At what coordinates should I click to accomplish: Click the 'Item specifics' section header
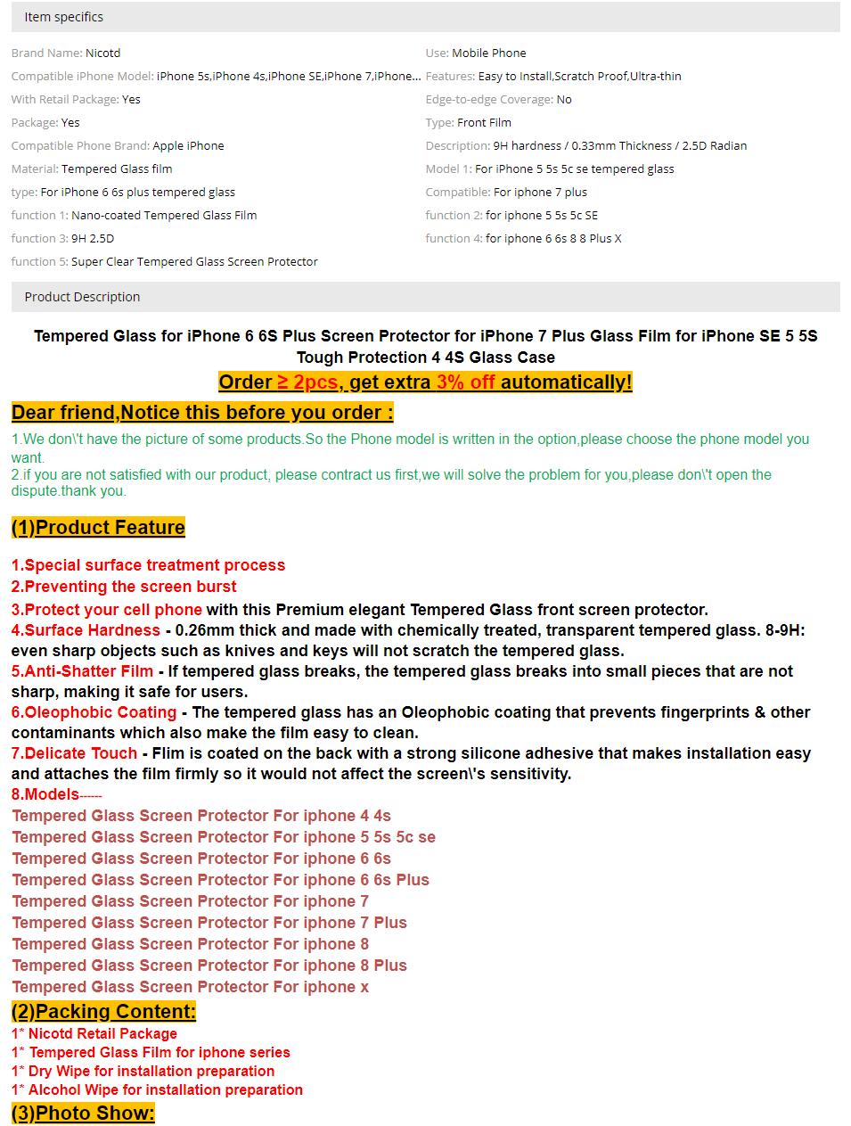point(64,17)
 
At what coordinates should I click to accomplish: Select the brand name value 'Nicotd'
point(102,53)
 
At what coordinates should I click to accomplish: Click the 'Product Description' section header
point(82,297)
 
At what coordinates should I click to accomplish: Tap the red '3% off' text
point(465,382)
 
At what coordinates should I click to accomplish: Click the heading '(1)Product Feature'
point(98,528)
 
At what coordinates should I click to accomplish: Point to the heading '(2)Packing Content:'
point(103,1012)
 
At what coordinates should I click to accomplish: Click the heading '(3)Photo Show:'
point(83,1114)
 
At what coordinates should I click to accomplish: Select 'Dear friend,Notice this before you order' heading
point(201,413)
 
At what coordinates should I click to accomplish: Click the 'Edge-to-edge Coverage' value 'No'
point(564,100)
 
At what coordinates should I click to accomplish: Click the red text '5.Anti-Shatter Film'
point(82,671)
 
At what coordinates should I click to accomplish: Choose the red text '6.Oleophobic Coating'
point(94,712)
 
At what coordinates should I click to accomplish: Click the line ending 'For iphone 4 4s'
point(201,816)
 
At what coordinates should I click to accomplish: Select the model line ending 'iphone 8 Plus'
point(209,966)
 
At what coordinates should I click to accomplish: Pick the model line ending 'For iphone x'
point(190,987)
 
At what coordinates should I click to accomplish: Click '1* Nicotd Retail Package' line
point(94,1034)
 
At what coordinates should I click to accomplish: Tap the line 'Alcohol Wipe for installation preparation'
point(157,1090)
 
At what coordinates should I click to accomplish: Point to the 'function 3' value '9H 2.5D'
point(93,239)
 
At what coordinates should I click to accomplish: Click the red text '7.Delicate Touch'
point(74,753)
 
